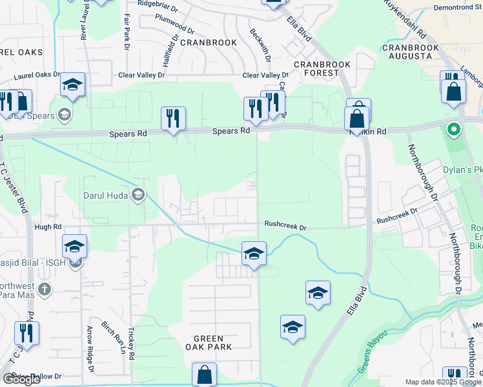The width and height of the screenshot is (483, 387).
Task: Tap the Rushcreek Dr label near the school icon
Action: [285, 224]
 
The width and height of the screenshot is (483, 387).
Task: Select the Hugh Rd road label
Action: [48, 227]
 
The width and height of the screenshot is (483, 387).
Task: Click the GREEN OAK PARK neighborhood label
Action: [209, 342]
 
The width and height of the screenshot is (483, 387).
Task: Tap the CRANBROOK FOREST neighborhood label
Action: [316, 68]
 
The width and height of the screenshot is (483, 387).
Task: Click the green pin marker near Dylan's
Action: [453, 130]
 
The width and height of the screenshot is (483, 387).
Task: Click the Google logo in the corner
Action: [22, 379]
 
